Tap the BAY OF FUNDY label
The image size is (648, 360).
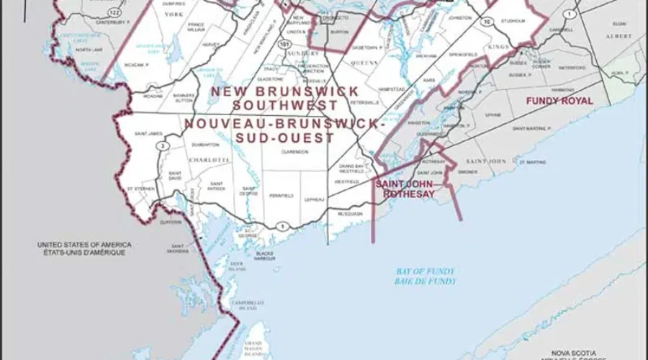click(x=426, y=271)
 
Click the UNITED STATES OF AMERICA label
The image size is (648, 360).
click(x=84, y=246)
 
